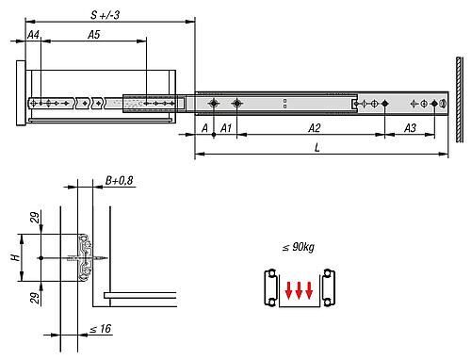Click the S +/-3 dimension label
click(x=105, y=15)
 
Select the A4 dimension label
click(x=33, y=35)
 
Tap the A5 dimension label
click(x=93, y=35)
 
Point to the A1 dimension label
click(x=226, y=128)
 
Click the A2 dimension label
click(x=314, y=128)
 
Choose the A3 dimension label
click(x=410, y=128)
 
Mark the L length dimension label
click(x=317, y=147)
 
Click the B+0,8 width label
click(x=119, y=180)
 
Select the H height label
click(x=15, y=257)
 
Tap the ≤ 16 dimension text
click(x=101, y=329)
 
